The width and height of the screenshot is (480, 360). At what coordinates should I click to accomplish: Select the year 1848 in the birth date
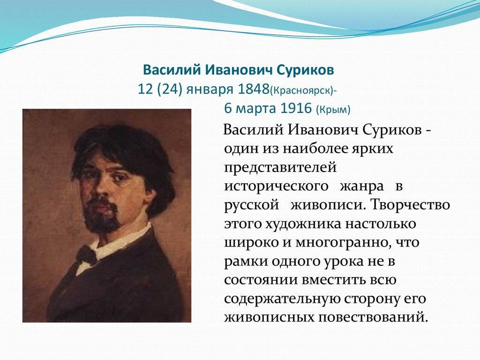coord(253,90)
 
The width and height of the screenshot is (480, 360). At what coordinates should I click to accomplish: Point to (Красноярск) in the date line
coord(301,91)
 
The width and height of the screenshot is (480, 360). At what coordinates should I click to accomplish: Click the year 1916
coord(296,108)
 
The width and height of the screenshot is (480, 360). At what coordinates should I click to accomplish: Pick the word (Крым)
coord(333,109)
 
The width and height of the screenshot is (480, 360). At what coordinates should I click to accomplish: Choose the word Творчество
coord(411,204)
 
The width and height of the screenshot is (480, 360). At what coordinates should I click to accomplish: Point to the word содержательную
coord(281,299)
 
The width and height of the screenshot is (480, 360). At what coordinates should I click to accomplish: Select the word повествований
coord(373,317)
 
